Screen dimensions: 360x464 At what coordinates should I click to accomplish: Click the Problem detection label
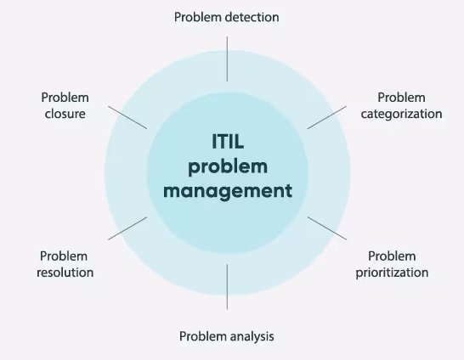[x=227, y=16]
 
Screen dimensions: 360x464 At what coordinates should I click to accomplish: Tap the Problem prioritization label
[x=392, y=264]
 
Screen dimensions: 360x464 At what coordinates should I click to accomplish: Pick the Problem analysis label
[x=227, y=336]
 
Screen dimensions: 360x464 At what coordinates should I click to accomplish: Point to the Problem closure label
[x=65, y=106]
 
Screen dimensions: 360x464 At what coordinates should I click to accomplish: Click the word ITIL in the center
[x=227, y=141]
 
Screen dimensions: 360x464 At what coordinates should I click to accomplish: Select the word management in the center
[x=227, y=190]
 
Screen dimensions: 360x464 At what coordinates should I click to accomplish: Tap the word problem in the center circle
[x=227, y=166]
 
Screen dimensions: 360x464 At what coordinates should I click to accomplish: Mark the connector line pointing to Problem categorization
[x=326, y=117]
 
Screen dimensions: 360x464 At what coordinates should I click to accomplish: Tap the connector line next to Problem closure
[x=128, y=117]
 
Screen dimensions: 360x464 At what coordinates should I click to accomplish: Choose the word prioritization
[x=392, y=273]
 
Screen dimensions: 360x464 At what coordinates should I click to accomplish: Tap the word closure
[x=65, y=114]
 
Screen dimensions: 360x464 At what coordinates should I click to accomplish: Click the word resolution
[x=66, y=273]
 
